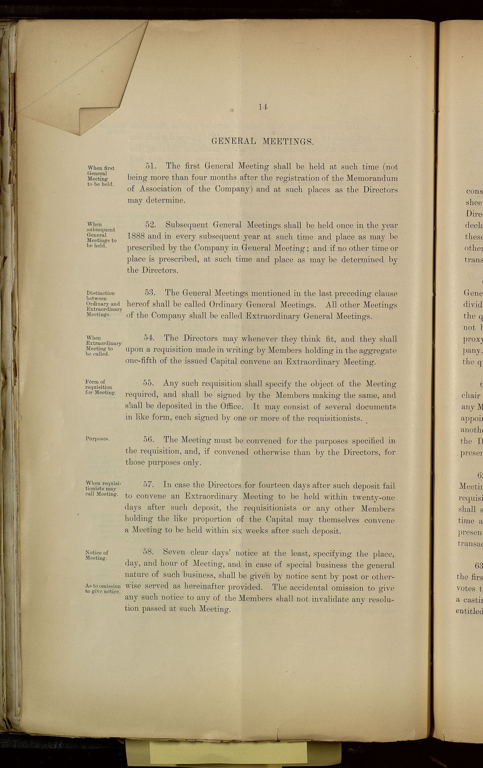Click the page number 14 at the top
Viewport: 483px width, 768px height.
point(263,108)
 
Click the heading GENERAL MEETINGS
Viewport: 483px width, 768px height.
point(263,141)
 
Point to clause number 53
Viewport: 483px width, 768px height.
point(150,293)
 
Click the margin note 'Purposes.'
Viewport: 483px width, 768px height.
point(98,439)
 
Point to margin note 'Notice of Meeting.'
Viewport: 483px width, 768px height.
point(97,555)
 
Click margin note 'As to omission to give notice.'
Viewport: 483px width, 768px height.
point(103,589)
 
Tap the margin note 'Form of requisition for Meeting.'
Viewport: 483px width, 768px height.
point(100,387)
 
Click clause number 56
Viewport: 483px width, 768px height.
point(149,439)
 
